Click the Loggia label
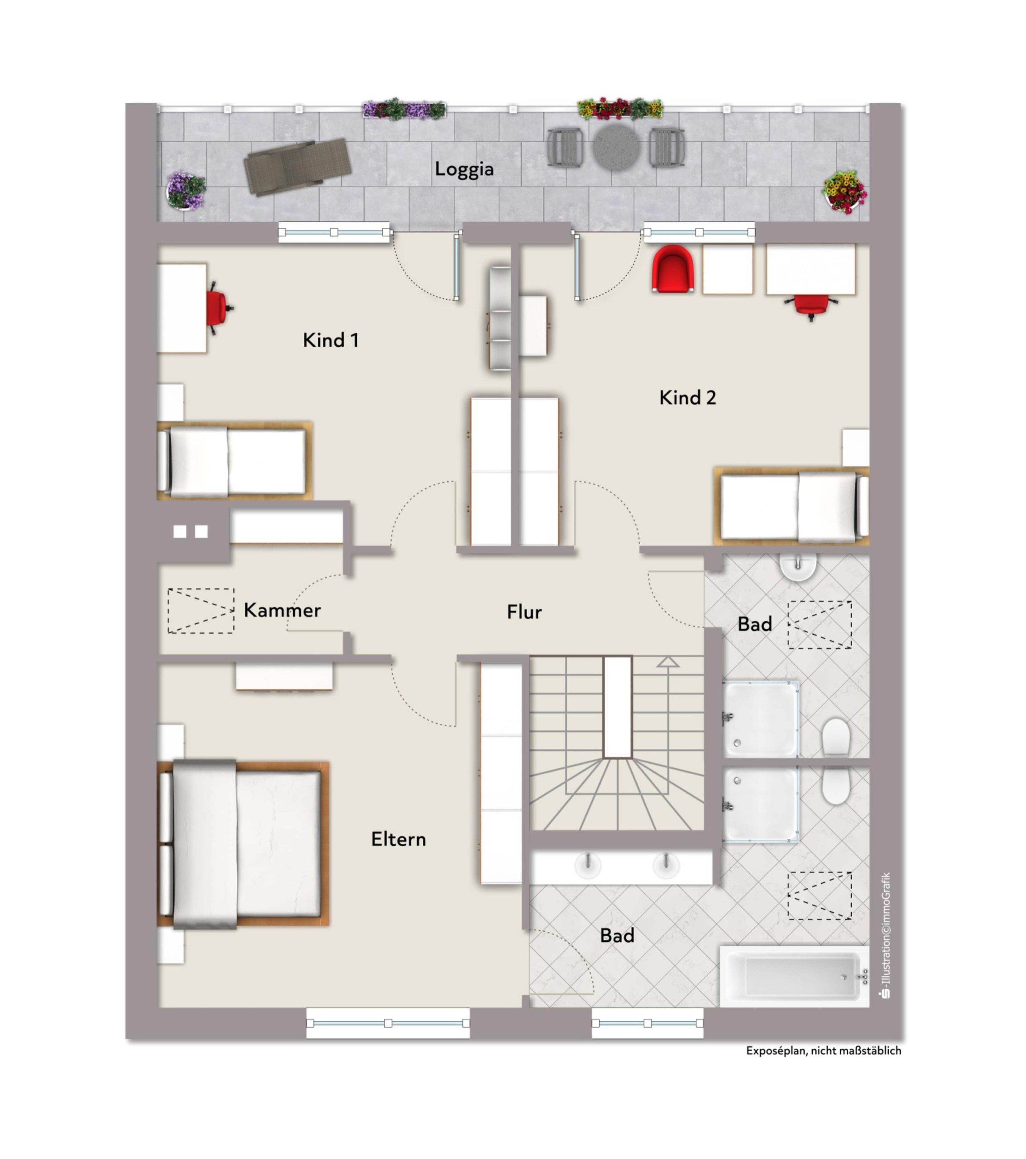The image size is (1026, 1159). tap(464, 169)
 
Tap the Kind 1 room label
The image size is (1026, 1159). tap(331, 340)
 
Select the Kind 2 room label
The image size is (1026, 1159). tap(687, 398)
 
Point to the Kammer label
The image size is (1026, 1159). tap(282, 610)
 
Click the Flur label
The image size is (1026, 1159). tap(524, 612)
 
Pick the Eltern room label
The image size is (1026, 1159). tap(398, 839)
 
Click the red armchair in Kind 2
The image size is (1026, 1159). tap(673, 269)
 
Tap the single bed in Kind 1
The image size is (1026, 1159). tap(234, 461)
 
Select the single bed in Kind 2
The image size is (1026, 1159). tap(792, 506)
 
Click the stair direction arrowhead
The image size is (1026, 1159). tap(668, 662)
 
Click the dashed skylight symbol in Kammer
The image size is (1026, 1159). tap(201, 611)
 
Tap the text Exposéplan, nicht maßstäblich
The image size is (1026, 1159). tap(824, 1051)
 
